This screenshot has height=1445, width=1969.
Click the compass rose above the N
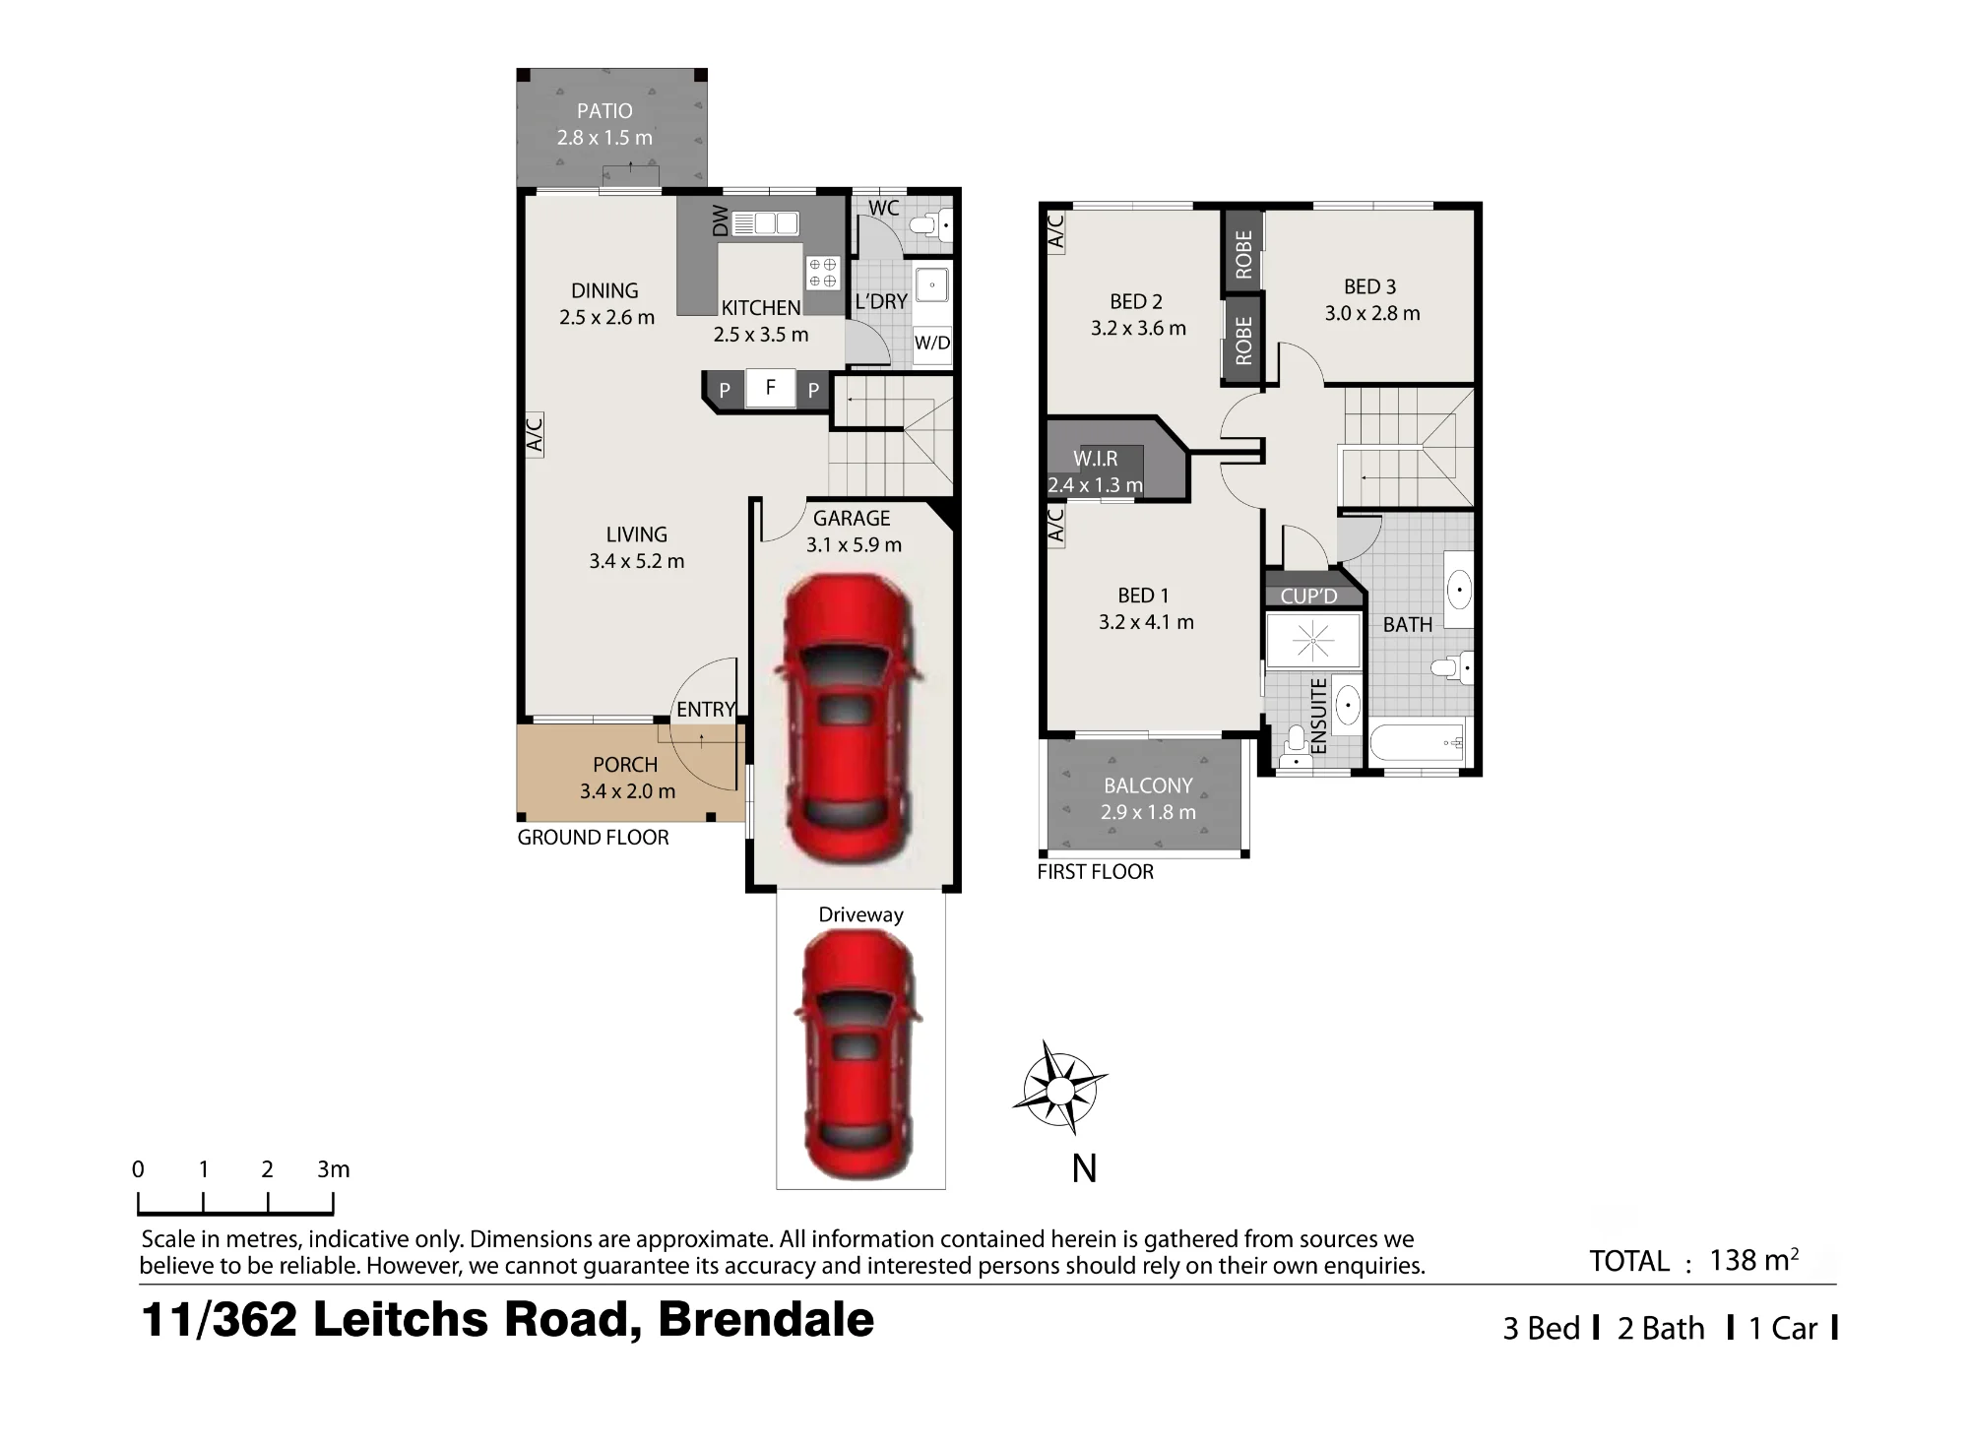(1059, 1090)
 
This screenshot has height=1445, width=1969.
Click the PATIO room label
(604, 111)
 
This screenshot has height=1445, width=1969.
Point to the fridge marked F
(771, 388)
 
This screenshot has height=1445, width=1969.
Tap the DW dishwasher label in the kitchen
(721, 221)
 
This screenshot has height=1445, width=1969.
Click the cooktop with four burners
(822, 273)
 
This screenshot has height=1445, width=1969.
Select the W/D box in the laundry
(932, 344)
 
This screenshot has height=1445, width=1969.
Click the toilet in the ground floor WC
(931, 224)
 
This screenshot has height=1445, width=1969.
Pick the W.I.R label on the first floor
(1095, 459)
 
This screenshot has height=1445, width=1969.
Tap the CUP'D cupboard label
(1308, 596)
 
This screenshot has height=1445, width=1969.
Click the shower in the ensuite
(1313, 640)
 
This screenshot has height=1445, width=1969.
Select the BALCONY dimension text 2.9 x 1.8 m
(1148, 812)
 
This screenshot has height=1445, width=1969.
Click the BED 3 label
(1369, 286)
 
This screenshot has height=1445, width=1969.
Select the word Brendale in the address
(766, 1319)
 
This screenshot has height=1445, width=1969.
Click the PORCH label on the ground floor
(625, 765)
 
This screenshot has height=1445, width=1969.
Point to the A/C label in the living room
(535, 434)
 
